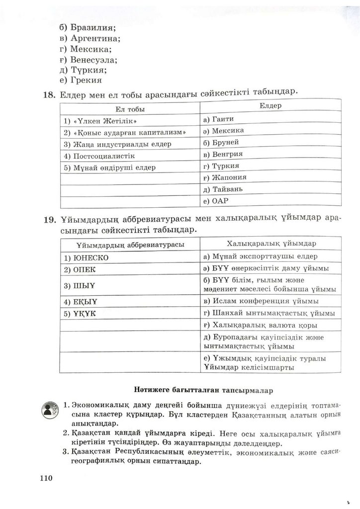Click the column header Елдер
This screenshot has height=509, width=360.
(x=270, y=106)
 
